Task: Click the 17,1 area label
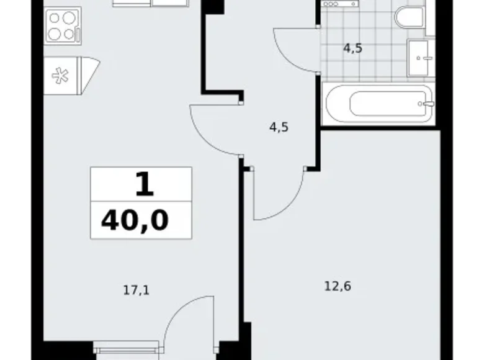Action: point(137,290)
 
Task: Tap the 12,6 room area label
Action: point(338,287)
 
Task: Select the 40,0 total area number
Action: point(135,221)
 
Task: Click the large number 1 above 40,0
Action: point(145,184)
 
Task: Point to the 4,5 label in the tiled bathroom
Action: point(353,48)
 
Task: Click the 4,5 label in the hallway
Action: point(279,127)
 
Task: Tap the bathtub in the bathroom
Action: point(379,104)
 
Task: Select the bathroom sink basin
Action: point(419,58)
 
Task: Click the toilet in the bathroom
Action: point(410,17)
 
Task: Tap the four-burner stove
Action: point(63,26)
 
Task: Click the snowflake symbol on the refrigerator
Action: point(60,76)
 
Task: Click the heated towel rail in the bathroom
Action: point(339,4)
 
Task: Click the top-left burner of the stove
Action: point(55,19)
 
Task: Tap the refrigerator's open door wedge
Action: point(90,75)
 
